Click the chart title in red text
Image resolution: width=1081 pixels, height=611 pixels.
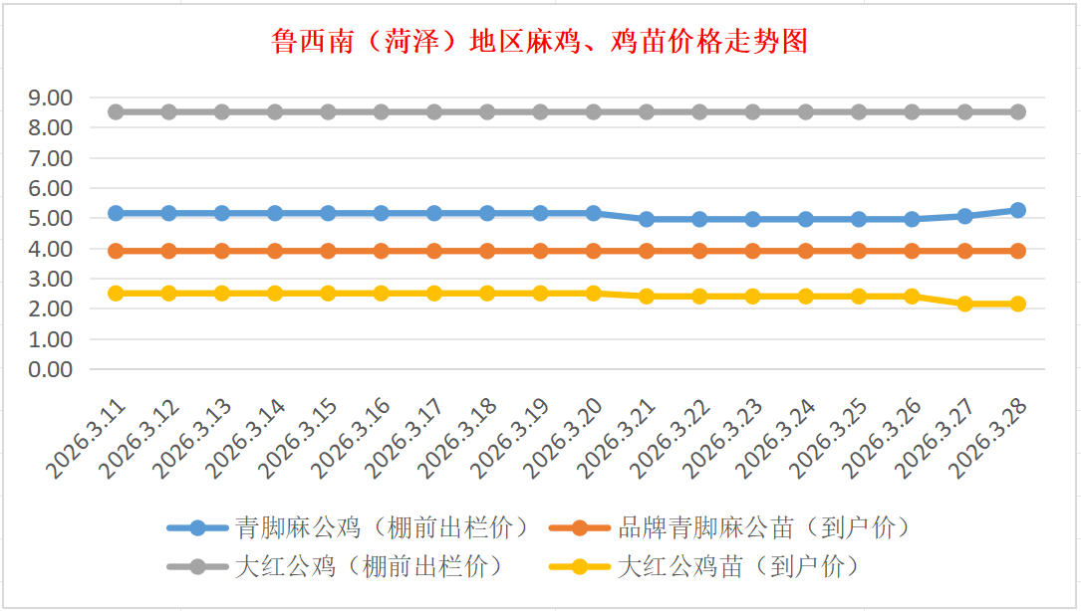(x=539, y=42)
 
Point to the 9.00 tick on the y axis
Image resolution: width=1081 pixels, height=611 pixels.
(x=52, y=98)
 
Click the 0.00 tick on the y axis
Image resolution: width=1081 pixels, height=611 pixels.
(x=52, y=369)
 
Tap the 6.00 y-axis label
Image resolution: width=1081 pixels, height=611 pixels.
(x=52, y=188)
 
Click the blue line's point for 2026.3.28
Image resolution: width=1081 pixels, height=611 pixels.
(x=1017, y=211)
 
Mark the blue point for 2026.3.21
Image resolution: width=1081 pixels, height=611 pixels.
(x=647, y=219)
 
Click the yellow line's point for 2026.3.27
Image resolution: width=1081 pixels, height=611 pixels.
(x=964, y=304)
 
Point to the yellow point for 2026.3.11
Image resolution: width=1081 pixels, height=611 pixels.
(x=117, y=294)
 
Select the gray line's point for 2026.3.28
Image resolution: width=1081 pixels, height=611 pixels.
(x=1017, y=112)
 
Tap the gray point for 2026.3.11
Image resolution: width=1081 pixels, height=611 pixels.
(x=117, y=112)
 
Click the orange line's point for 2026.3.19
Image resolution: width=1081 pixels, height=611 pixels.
(x=540, y=251)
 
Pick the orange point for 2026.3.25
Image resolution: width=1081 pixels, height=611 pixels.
(x=859, y=251)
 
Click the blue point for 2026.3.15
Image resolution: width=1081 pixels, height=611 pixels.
(x=329, y=213)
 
